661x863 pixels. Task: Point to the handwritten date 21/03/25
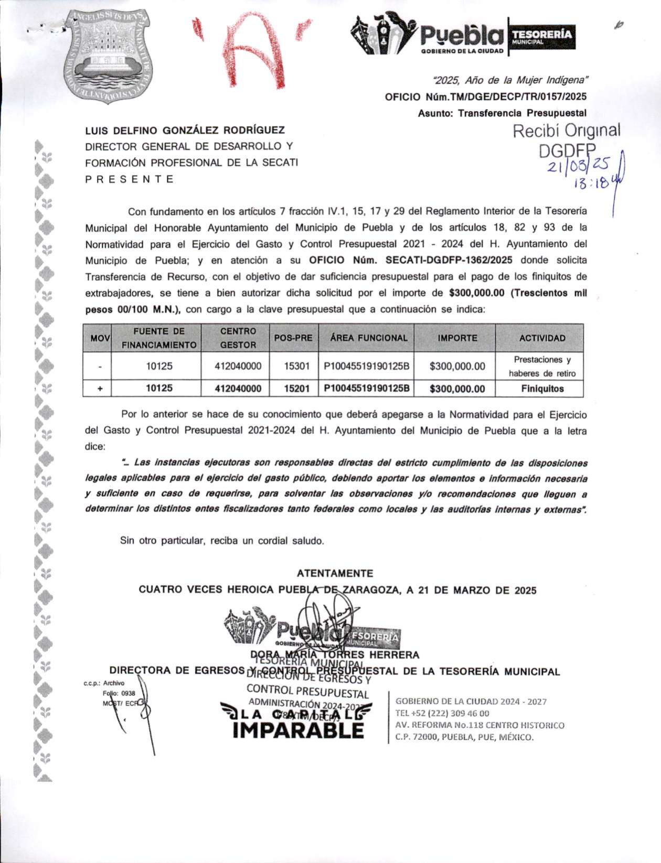(578, 167)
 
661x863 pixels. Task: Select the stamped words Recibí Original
(566, 131)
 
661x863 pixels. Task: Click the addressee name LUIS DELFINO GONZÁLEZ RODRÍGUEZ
(185, 130)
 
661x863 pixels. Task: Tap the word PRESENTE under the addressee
(129, 179)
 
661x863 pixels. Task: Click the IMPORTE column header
(457, 338)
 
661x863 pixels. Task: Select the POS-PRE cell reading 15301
(297, 366)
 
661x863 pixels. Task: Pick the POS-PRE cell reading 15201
(297, 389)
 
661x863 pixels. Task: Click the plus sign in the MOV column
(100, 389)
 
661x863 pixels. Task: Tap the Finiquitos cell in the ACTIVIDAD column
(542, 389)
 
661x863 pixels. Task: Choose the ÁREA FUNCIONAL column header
(369, 338)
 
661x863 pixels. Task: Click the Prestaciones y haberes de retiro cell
(542, 366)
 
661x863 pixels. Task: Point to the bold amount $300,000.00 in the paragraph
(477, 293)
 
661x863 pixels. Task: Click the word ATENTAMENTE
(335, 574)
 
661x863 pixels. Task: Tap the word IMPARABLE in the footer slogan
(298, 730)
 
